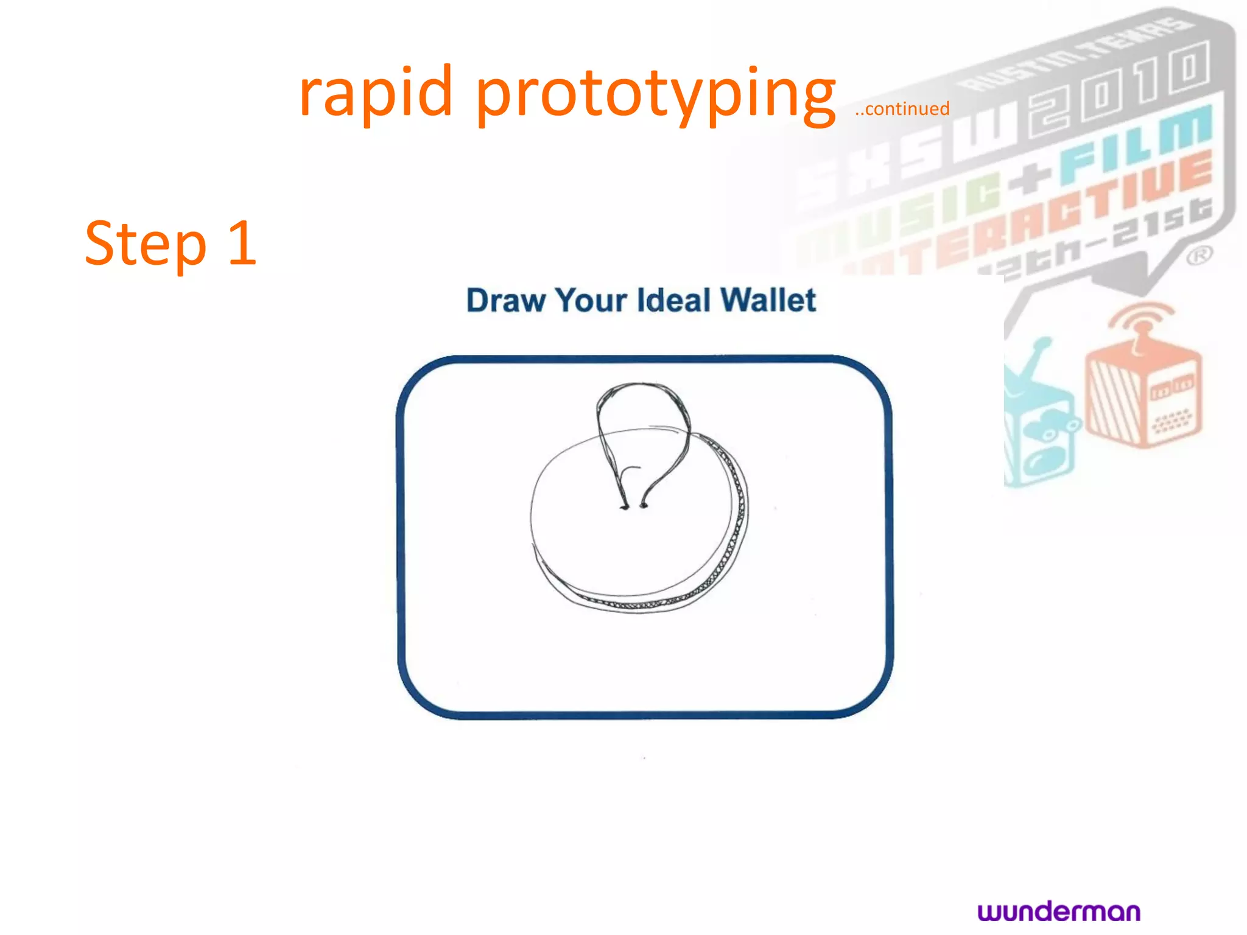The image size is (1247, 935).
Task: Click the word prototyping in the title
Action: click(656, 94)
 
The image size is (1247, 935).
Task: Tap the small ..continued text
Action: click(902, 109)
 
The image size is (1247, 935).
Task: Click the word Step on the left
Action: click(146, 243)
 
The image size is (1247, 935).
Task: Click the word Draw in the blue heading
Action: click(505, 301)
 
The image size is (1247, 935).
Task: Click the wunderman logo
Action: click(1059, 912)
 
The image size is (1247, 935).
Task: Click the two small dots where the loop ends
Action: click(633, 505)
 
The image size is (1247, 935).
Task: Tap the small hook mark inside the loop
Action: click(628, 472)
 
